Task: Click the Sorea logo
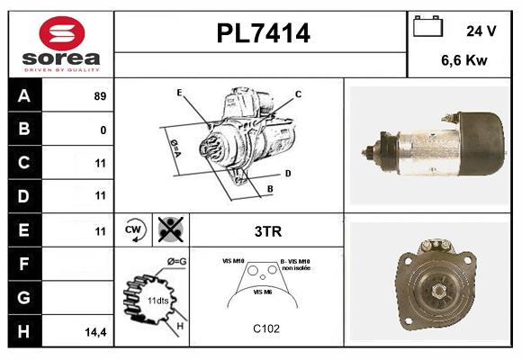coord(59,44)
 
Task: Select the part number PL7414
coord(262,33)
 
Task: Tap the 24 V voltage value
coord(481,31)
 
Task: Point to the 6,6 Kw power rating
coord(464,61)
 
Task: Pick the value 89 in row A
coord(100,95)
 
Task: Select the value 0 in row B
coord(103,130)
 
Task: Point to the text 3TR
coord(267,231)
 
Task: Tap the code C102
coord(266,328)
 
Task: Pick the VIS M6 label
coord(262,292)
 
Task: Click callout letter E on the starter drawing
coord(179,92)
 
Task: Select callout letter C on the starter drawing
coord(298,94)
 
